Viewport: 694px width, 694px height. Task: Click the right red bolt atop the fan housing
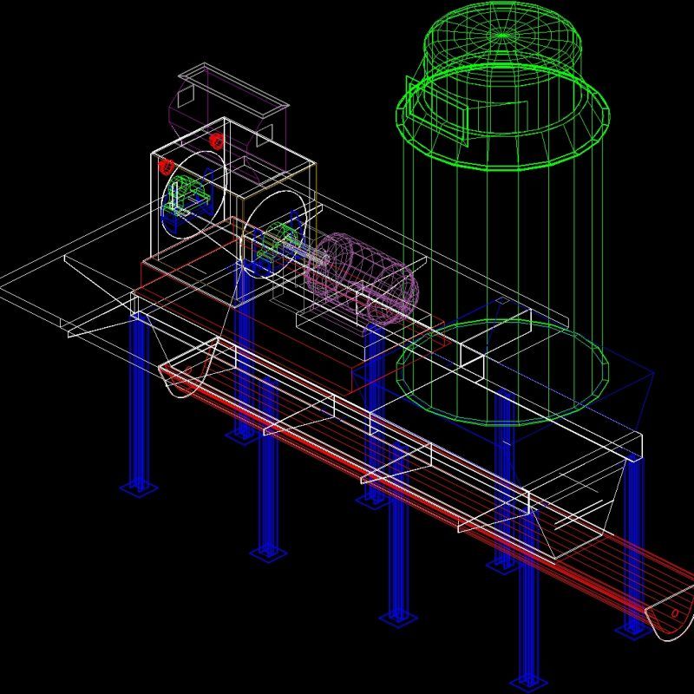point(216,141)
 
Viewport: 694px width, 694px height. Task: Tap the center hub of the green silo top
point(501,36)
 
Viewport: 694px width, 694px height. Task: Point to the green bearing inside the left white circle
point(187,195)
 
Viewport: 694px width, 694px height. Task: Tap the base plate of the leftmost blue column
point(139,487)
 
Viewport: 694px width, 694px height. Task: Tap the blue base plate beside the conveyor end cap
point(633,628)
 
